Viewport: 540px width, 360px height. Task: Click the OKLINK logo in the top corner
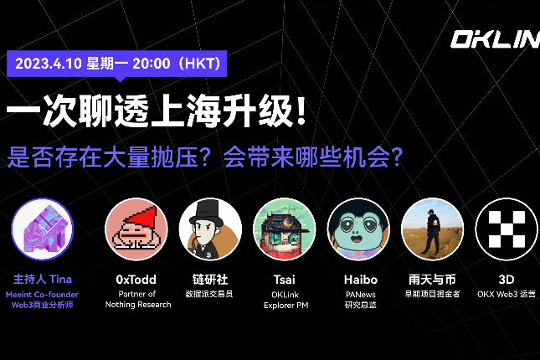click(x=495, y=40)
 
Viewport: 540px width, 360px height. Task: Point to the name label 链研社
click(x=210, y=279)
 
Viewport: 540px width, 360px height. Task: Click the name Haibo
click(x=359, y=279)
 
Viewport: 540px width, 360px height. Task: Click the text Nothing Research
click(x=138, y=305)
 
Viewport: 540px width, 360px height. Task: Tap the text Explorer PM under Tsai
click(x=285, y=305)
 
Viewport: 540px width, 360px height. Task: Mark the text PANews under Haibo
click(x=359, y=294)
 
